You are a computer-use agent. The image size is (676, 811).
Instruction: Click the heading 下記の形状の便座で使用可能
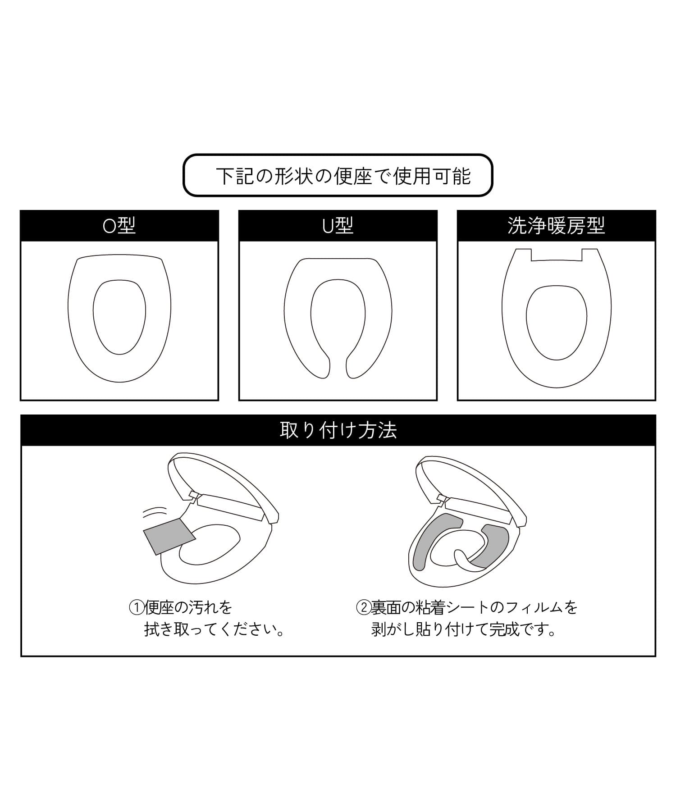tap(343, 176)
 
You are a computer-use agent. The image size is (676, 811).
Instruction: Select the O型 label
tap(119, 225)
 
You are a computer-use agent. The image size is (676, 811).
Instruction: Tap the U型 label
tap(338, 225)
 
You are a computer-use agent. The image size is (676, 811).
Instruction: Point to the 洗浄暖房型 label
tap(556, 225)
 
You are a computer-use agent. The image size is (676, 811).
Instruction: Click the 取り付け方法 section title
tap(338, 430)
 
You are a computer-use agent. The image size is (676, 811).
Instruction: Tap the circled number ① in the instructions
tap(137, 608)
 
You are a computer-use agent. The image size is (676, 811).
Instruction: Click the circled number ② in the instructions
tap(364, 608)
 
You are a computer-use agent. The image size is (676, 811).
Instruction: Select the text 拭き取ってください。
tap(215, 629)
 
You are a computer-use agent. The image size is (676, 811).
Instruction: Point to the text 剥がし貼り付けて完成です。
tap(464, 629)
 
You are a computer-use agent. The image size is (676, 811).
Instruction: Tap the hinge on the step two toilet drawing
tap(443, 497)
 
